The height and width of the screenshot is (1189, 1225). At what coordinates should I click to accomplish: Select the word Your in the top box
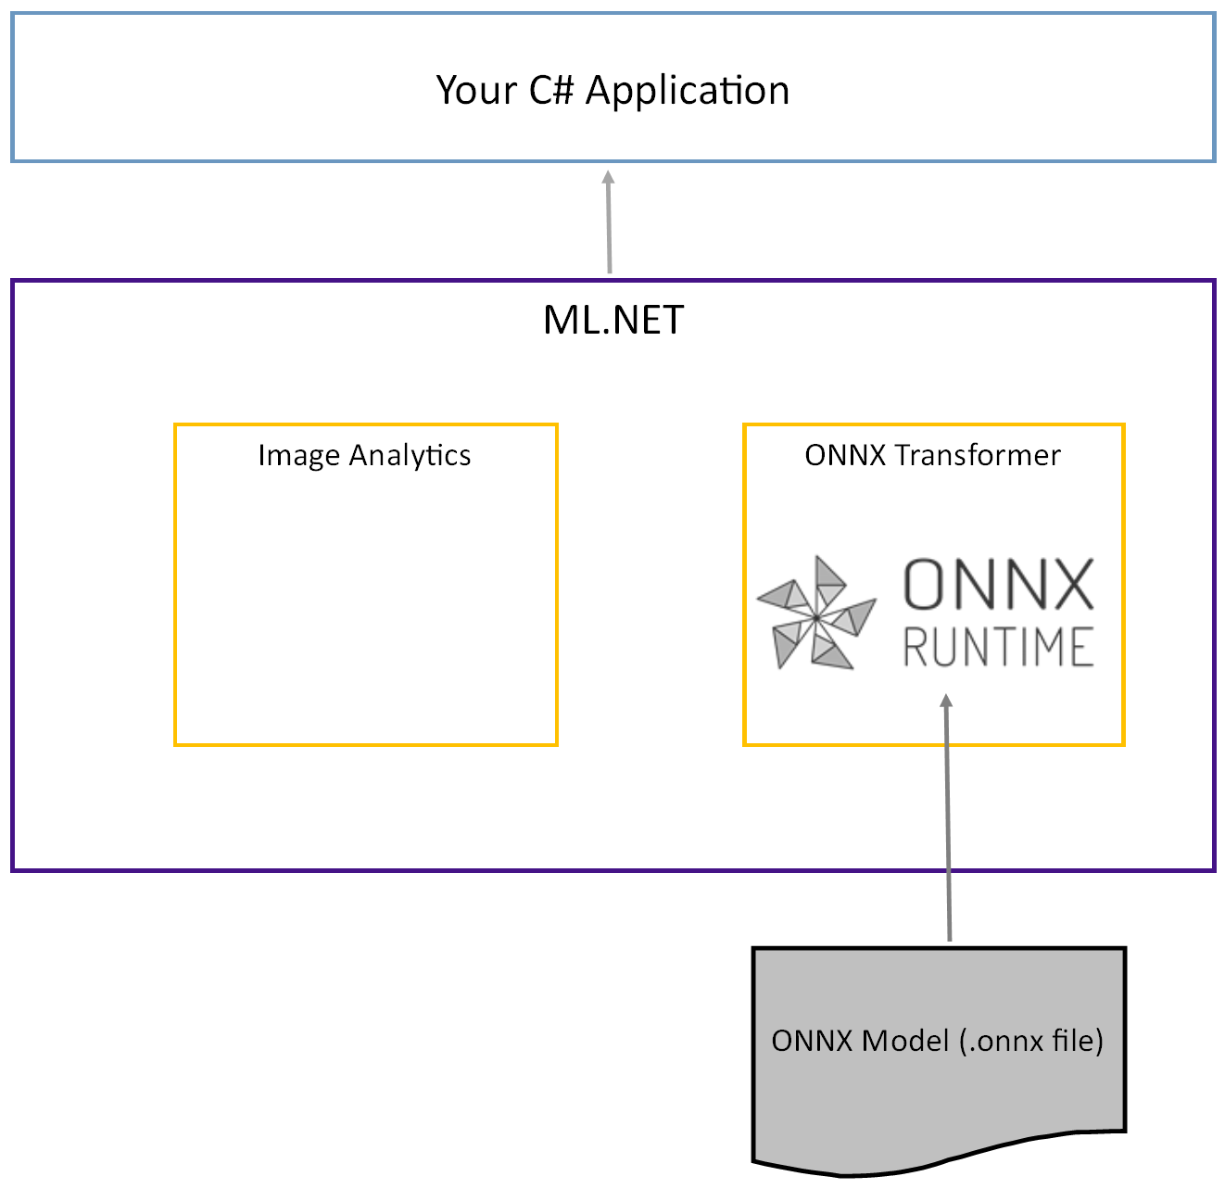point(476,91)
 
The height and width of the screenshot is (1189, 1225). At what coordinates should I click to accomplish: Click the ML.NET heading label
point(613,321)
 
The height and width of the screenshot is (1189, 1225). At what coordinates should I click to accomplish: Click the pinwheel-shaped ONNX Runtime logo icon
point(815,613)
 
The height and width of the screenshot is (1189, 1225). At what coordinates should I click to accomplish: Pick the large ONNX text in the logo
point(998,585)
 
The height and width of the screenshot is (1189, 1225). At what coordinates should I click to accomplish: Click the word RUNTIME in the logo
point(998,647)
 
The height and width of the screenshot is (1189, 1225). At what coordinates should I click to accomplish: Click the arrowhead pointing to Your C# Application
point(608,178)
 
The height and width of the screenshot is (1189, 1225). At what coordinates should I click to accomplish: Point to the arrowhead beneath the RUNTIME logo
point(946,702)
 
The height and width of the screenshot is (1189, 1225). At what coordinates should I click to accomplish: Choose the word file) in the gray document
point(1078,1041)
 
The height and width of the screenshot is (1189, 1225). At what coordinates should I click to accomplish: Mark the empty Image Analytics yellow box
point(366,602)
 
